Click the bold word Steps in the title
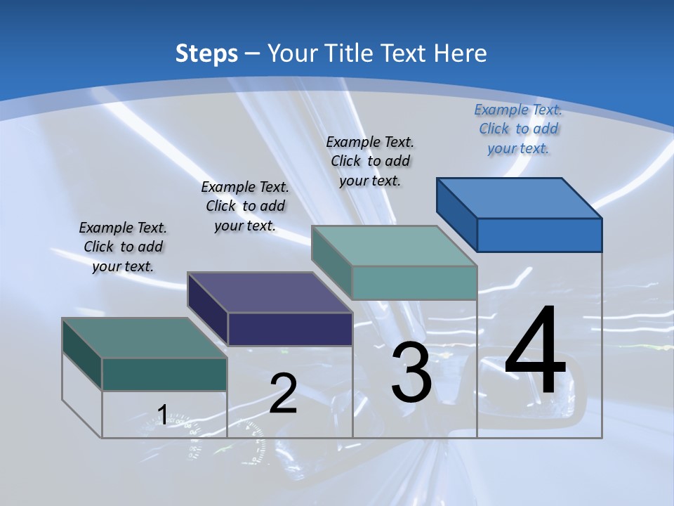click(x=206, y=53)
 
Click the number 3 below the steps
click(x=411, y=372)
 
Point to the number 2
click(x=283, y=393)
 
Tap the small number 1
click(x=162, y=415)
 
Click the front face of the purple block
click(x=290, y=329)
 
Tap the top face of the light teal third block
click(x=394, y=246)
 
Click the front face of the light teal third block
click(x=414, y=283)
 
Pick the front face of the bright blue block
click(x=539, y=235)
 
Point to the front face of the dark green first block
click(x=164, y=374)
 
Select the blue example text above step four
click(x=518, y=129)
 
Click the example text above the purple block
click(x=245, y=206)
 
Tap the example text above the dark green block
click(x=123, y=247)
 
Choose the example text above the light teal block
click(x=370, y=161)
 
